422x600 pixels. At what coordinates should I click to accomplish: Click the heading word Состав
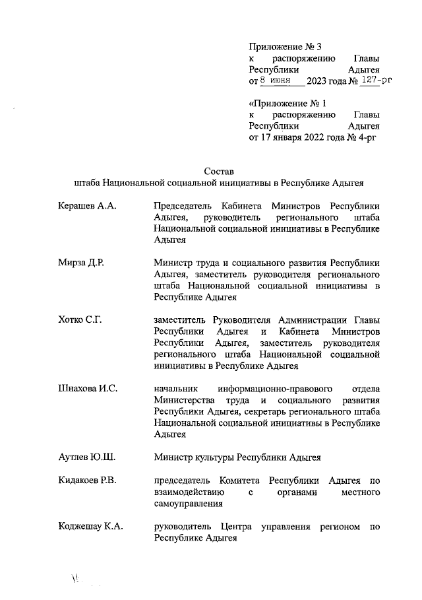click(220, 172)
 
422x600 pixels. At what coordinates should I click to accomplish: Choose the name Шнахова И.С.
click(88, 387)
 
